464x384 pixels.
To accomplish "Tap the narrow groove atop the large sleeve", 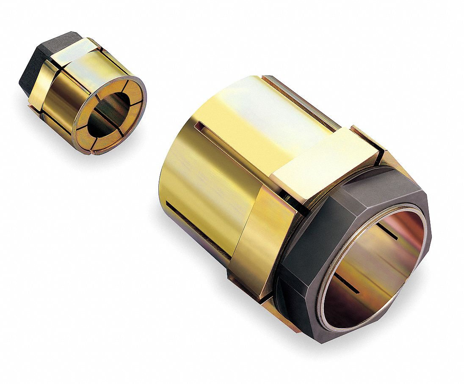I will [x=296, y=99].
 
